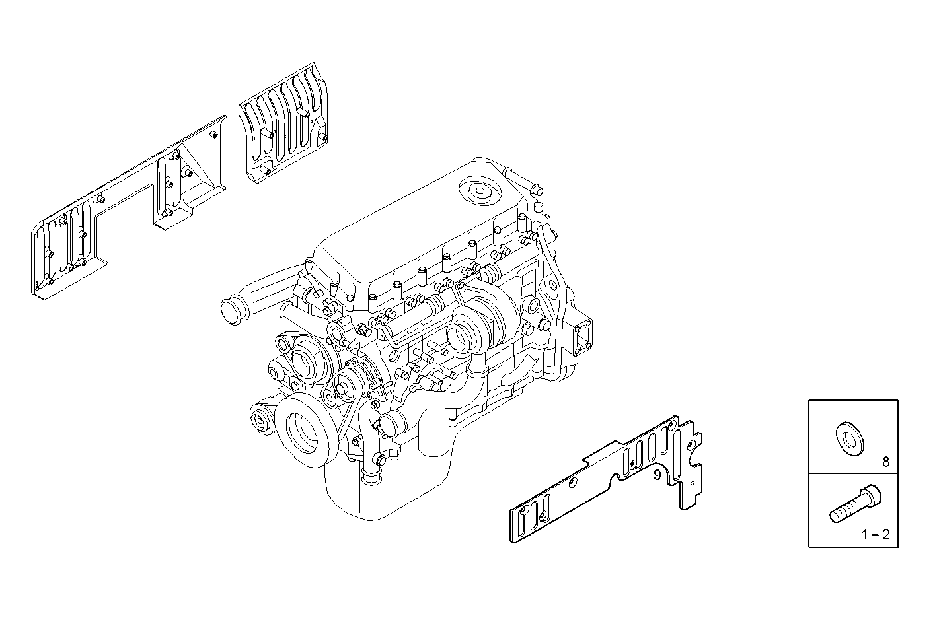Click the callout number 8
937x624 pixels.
coord(886,462)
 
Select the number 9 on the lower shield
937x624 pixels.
coord(657,475)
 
